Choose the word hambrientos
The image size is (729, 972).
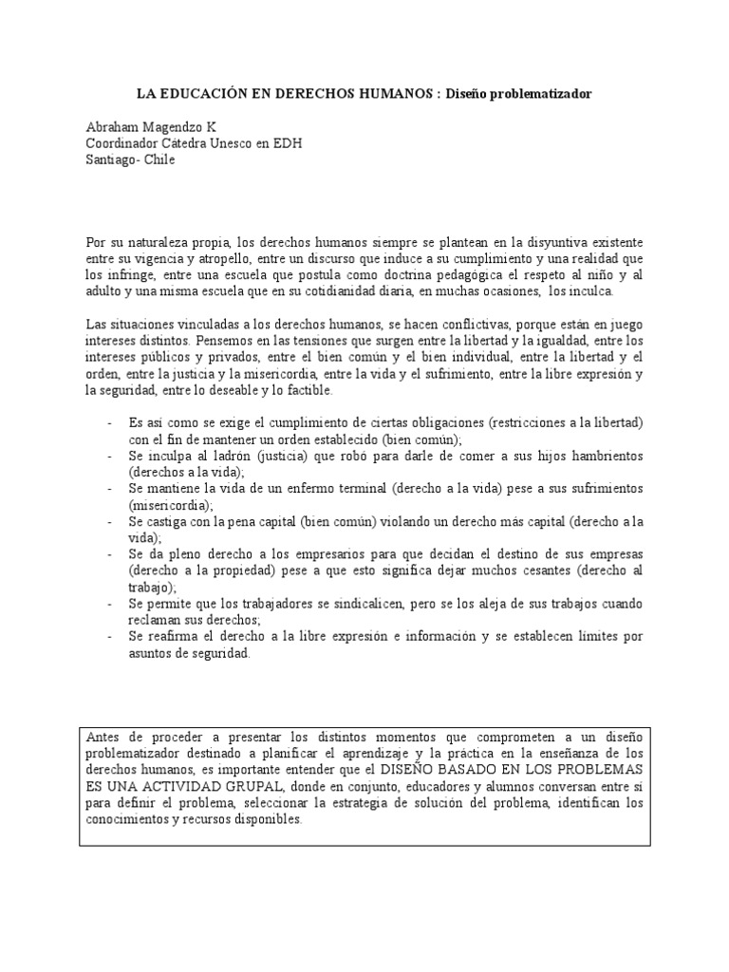point(603,457)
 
